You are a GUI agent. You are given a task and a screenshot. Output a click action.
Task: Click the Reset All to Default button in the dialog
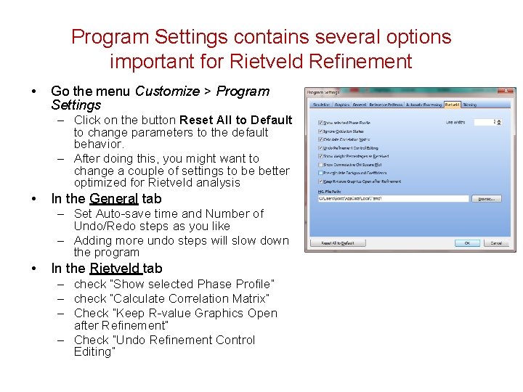coord(338,243)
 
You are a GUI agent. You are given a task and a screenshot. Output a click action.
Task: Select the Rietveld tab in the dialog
coord(452,105)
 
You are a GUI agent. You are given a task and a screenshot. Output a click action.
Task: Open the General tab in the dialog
coord(360,105)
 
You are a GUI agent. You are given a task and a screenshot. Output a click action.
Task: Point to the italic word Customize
coord(167,91)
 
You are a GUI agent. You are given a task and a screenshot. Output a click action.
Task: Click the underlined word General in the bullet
coord(115,199)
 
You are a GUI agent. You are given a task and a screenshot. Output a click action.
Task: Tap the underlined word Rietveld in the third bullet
coord(115,269)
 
